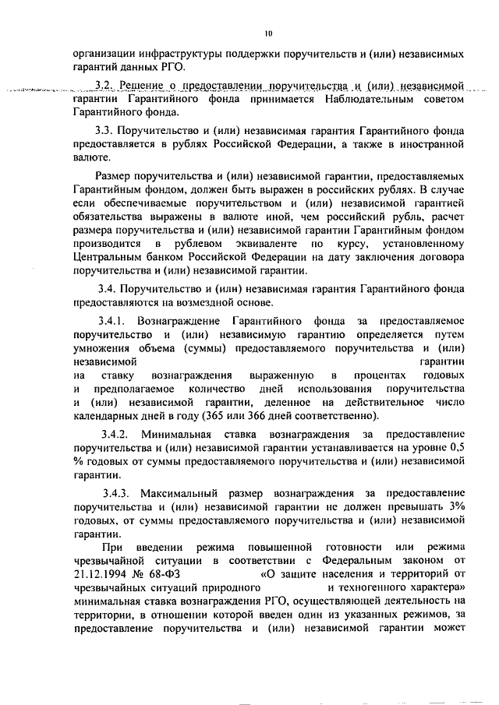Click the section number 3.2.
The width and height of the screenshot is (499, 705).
tap(104, 83)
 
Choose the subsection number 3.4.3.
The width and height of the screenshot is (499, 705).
tap(118, 494)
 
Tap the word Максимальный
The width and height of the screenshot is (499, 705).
tap(184, 494)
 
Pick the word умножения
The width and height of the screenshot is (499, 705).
tap(101, 348)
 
